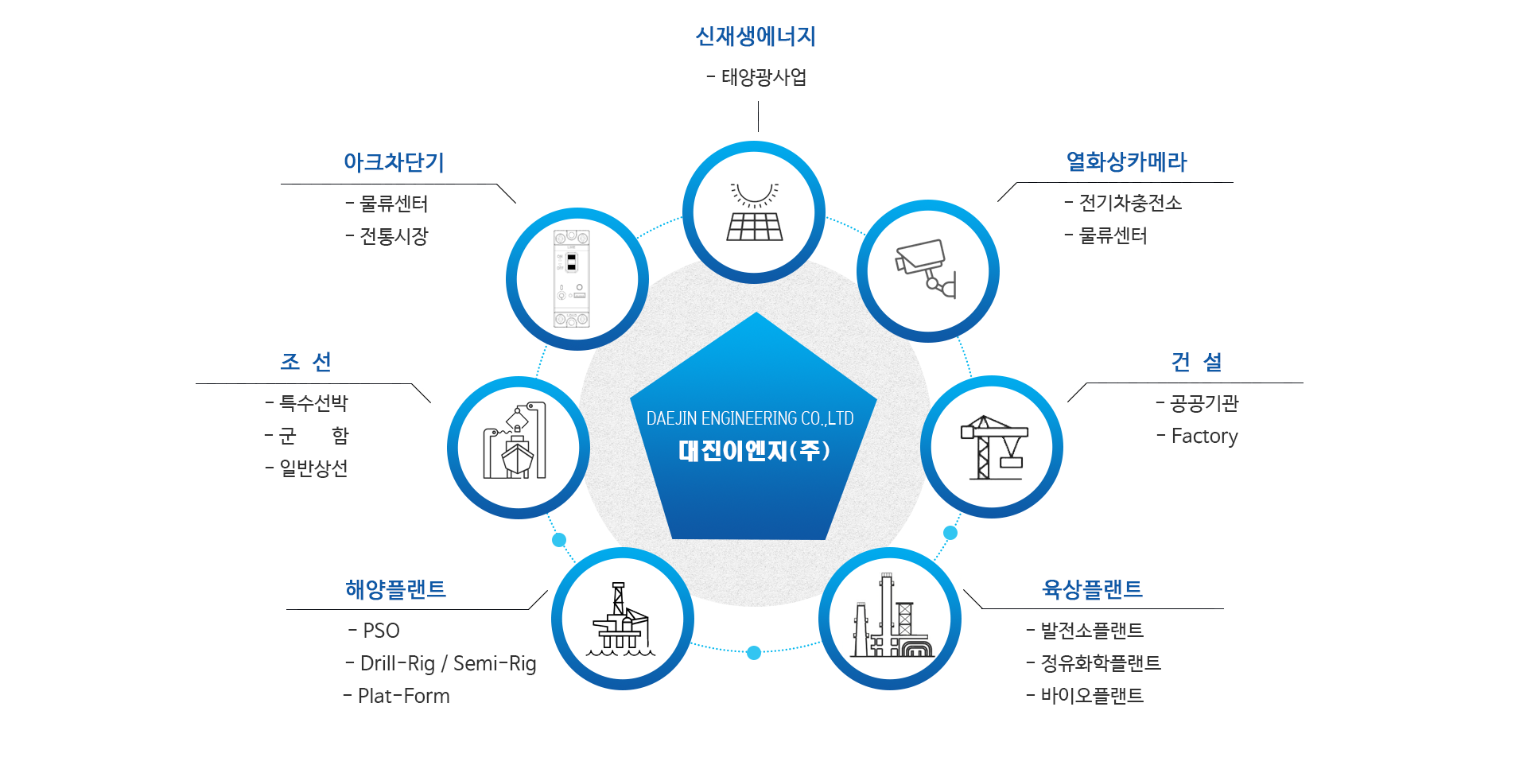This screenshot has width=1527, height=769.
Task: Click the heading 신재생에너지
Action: tap(756, 37)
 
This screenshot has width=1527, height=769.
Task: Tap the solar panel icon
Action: tap(754, 212)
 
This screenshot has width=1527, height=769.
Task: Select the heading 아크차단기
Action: tap(394, 162)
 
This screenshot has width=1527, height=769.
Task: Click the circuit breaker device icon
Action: tap(572, 279)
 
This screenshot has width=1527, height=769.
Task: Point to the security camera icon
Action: tap(927, 270)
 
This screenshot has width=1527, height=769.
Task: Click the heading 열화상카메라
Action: tap(1126, 162)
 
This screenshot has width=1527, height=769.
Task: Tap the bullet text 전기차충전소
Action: tap(1130, 204)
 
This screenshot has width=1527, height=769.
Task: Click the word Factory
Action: tap(1204, 436)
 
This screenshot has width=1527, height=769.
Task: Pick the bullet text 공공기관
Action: tap(1204, 403)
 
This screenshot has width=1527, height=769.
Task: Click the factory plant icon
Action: tap(890, 618)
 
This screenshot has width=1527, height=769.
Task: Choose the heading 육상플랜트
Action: tap(1092, 589)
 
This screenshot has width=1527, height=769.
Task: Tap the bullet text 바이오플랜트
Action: tap(1092, 696)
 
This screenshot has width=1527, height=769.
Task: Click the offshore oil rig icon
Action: tap(622, 619)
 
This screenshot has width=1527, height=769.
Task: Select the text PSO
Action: tap(381, 631)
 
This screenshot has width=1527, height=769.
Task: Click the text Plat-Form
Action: tap(403, 696)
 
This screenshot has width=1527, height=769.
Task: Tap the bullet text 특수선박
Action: tap(313, 403)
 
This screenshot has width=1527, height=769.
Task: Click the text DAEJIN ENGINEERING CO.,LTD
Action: tap(749, 418)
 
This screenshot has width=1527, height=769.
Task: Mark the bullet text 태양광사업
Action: tap(763, 77)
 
